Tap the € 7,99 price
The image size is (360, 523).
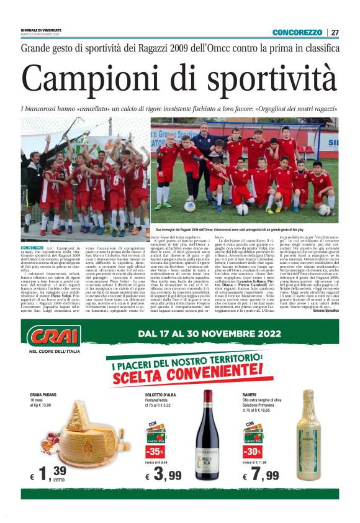(261, 475)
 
